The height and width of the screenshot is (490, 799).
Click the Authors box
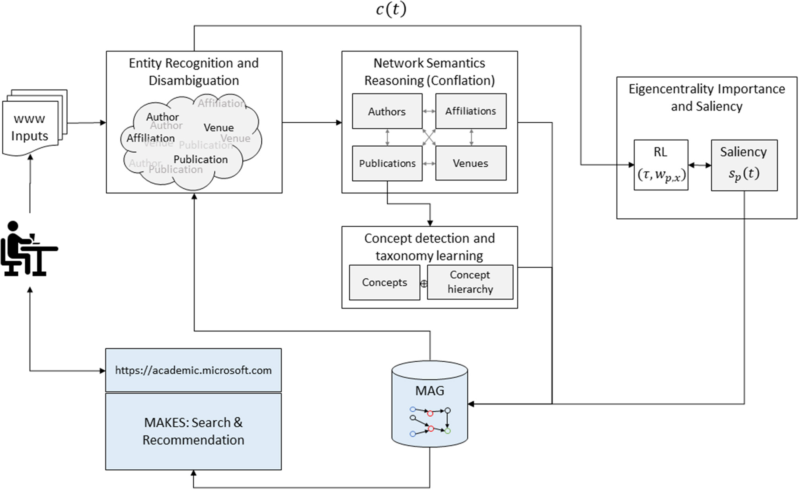click(387, 111)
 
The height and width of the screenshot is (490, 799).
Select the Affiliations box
click(471, 111)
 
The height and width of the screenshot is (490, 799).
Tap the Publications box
click(387, 163)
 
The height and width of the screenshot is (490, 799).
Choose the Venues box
click(471, 163)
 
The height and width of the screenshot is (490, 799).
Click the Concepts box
click(384, 282)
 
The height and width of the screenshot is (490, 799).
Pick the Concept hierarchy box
click(470, 282)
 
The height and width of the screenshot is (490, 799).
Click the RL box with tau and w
click(661, 165)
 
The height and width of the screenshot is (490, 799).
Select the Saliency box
click(744, 165)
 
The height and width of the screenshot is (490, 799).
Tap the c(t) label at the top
click(391, 10)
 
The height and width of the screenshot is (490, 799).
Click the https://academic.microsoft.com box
click(193, 370)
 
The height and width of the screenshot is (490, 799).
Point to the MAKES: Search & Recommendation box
click(193, 431)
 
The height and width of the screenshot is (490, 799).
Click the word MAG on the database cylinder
click(429, 391)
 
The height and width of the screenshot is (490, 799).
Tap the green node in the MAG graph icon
click(448, 431)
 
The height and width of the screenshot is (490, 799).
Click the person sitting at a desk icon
click(28, 249)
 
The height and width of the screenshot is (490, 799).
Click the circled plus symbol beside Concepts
click(424, 284)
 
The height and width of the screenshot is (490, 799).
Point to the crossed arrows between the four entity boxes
click(429, 137)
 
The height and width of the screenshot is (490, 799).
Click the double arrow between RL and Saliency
click(700, 165)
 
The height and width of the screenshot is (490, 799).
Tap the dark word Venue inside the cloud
click(218, 127)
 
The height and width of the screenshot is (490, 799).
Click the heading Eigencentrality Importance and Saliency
click(706, 98)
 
